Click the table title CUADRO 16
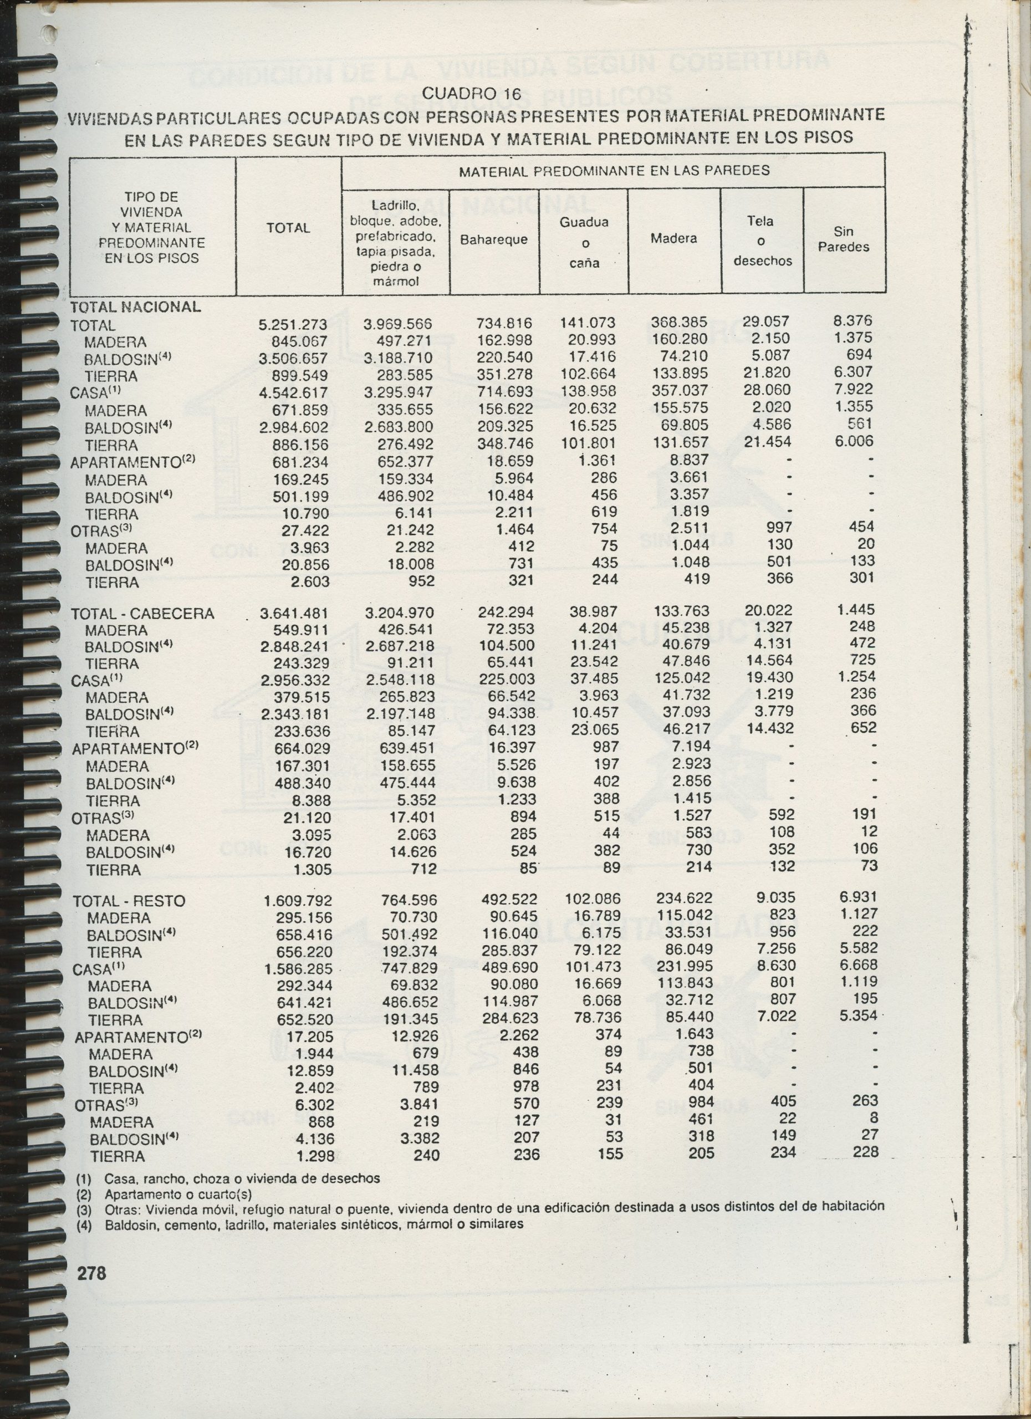[x=471, y=94]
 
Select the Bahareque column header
[x=493, y=240]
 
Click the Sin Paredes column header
[x=843, y=239]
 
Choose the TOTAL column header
[x=288, y=228]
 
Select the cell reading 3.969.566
[x=397, y=325]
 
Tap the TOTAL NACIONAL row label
[x=135, y=307]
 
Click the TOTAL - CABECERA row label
[x=142, y=614]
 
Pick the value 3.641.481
[x=293, y=614]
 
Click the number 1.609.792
[x=297, y=901]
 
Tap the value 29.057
[x=765, y=321]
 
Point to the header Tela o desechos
[x=762, y=241]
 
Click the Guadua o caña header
[x=584, y=243]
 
